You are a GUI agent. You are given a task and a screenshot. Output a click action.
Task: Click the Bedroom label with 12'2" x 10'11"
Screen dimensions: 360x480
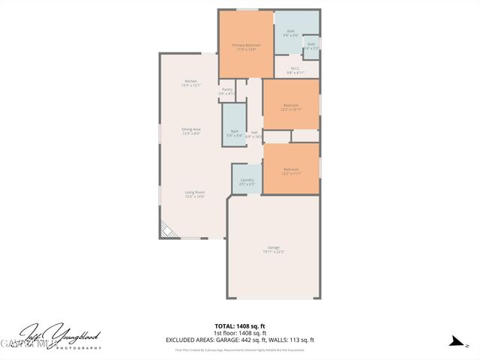coord(291,106)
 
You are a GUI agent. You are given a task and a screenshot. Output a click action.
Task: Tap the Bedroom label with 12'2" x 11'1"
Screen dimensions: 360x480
coord(291,171)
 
